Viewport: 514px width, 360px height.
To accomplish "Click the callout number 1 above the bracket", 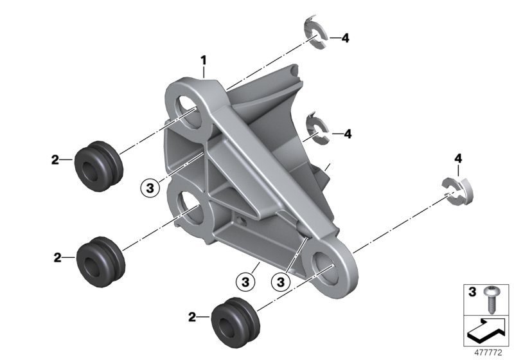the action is point(204,60).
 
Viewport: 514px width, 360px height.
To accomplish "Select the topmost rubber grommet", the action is point(99,166).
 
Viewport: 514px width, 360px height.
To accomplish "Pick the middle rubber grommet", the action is point(101,262).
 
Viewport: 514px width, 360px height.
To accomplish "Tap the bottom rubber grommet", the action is point(235,322).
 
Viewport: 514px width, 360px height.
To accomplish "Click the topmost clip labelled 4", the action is point(315,33).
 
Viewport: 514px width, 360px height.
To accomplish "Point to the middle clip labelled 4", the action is point(317,129).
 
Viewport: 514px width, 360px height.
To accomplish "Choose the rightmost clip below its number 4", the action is point(457,191).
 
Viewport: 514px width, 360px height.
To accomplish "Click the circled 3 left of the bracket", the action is point(150,188).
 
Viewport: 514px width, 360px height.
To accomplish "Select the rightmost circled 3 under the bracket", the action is point(280,282).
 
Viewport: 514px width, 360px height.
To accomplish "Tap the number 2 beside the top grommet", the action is point(55,160).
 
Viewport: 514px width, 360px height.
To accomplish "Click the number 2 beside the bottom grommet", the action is point(192,317).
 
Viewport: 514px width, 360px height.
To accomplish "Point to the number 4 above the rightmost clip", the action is point(458,159).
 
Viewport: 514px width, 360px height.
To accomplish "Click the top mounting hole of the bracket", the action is point(188,112).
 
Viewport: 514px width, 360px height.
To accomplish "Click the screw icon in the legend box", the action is point(492,300).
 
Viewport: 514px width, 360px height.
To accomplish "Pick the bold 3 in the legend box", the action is point(472,292).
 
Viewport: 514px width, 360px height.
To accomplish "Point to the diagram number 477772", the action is point(488,352).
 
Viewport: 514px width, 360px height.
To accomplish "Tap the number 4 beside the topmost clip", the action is point(345,39).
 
